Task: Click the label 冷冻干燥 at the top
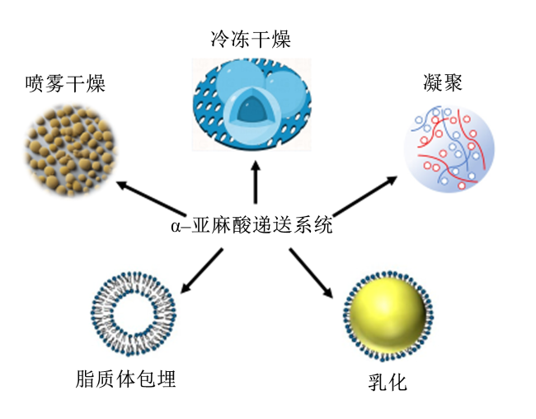click(x=251, y=39)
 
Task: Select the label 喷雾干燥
click(x=65, y=83)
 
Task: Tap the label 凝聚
click(x=443, y=82)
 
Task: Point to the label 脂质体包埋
click(x=125, y=379)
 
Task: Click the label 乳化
click(x=388, y=382)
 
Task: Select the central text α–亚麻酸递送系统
click(x=252, y=225)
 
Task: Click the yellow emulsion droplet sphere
click(x=388, y=315)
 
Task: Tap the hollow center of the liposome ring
click(x=134, y=313)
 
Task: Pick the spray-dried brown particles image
click(x=71, y=150)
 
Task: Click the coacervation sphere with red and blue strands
click(x=449, y=148)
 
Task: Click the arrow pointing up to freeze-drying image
click(x=256, y=182)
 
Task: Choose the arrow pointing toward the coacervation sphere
click(x=364, y=196)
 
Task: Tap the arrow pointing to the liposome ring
click(x=201, y=271)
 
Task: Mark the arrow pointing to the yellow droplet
click(x=311, y=273)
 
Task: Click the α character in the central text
click(x=176, y=227)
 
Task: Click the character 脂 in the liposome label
click(x=85, y=379)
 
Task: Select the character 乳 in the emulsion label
click(x=378, y=382)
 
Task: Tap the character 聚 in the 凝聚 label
click(x=453, y=82)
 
